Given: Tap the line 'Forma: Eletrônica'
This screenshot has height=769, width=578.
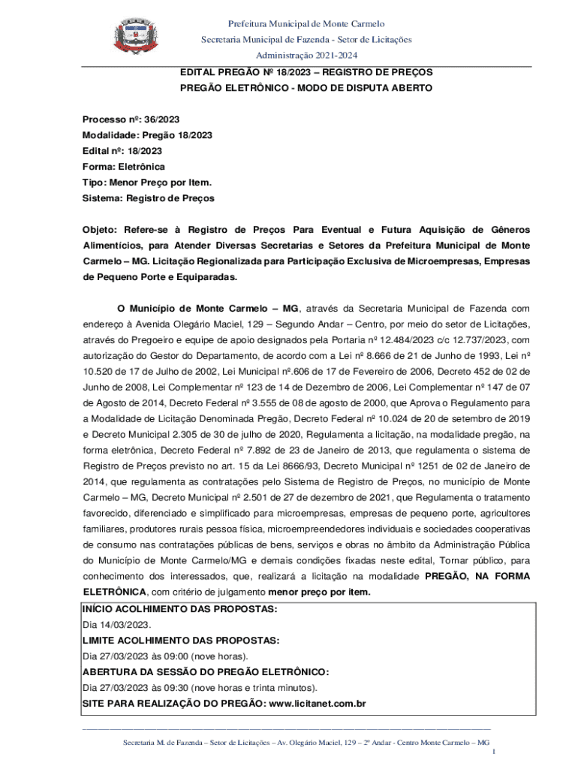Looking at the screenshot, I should [123, 167].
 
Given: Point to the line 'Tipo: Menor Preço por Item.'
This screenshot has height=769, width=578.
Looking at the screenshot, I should [146, 182].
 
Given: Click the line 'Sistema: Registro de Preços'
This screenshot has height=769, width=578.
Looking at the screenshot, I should [148, 198].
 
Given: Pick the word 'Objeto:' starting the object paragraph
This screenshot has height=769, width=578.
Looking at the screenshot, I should [100, 230].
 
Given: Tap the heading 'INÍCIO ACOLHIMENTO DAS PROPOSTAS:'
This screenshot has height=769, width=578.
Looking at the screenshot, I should [179, 609].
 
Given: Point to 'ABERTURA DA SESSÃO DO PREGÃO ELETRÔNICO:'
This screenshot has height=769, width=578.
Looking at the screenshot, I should [206, 672].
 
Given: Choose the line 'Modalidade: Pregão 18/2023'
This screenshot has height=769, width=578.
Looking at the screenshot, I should [147, 135].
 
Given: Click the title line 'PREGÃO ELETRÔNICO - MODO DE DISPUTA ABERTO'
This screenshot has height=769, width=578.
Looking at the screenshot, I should [306, 88].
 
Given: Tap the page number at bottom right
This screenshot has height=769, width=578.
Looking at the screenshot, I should [492, 752].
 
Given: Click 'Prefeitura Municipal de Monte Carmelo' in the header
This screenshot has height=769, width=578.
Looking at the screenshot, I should [306, 25].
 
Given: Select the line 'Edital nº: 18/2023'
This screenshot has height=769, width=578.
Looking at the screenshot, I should [122, 151].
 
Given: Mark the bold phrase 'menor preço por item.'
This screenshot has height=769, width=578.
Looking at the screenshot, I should [319, 592].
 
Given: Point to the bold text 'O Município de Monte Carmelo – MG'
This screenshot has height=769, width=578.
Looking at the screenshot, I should [209, 308].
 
